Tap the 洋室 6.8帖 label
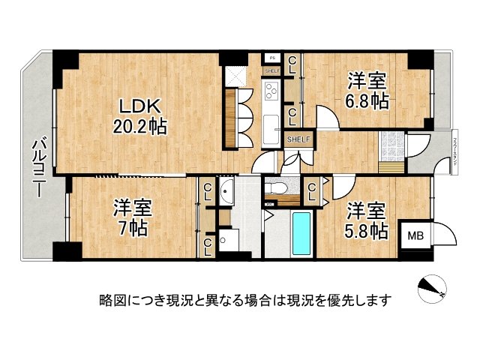(367, 91)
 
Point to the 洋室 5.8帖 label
(365, 219)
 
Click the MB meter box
(414, 236)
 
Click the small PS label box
(272, 57)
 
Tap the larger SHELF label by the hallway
(298, 139)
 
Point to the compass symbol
(431, 289)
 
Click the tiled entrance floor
(391, 142)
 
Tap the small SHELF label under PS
(271, 71)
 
